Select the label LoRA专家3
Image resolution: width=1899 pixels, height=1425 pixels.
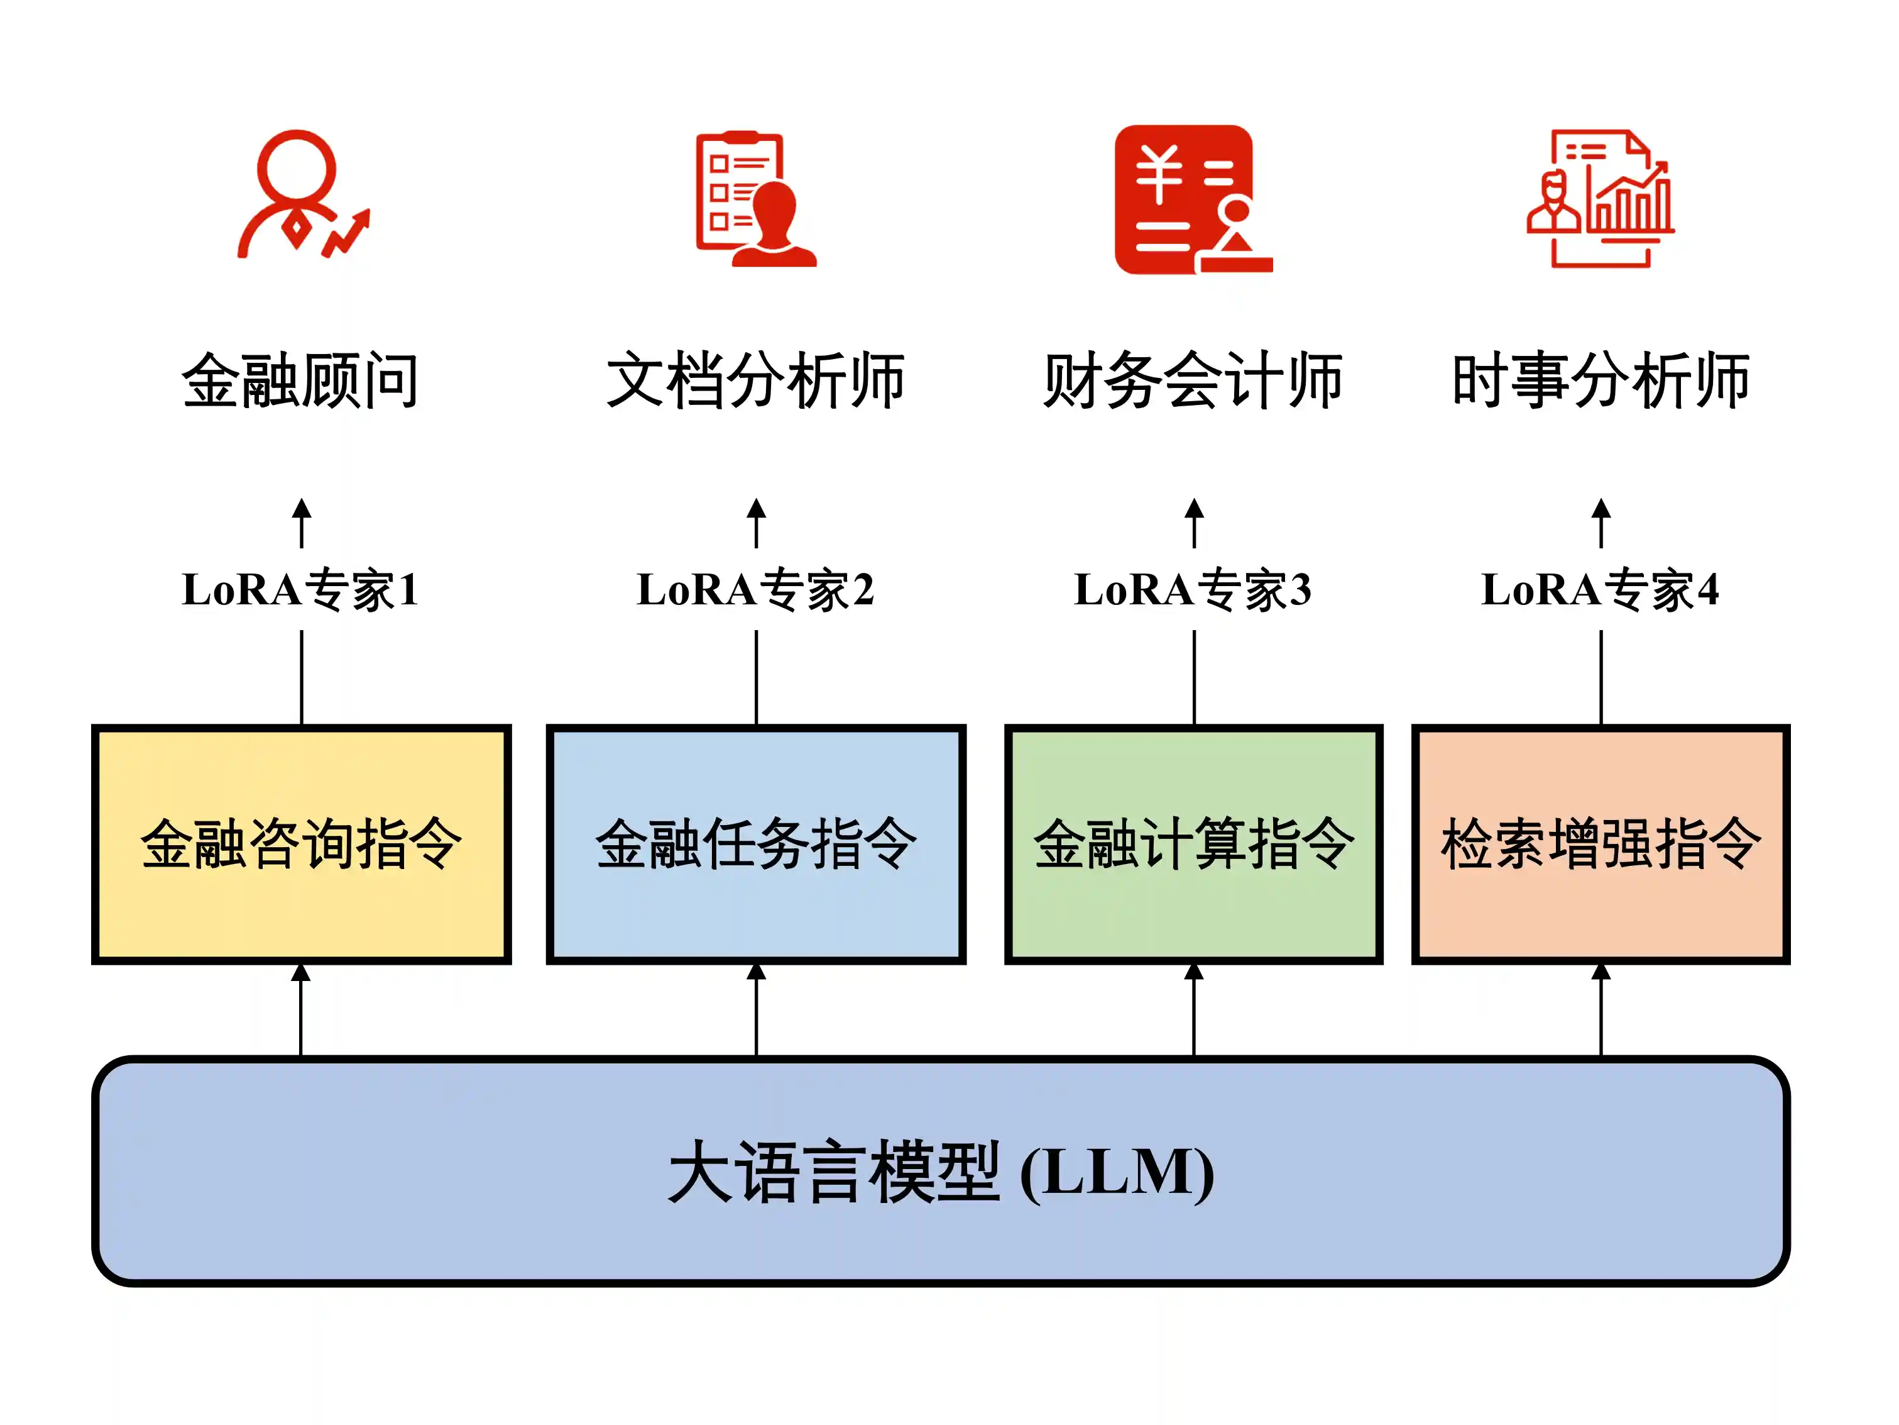pyautogui.click(x=1193, y=589)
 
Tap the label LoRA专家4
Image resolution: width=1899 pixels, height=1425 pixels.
pyautogui.click(x=1601, y=589)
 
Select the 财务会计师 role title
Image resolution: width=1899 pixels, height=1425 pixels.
pyautogui.click(x=1193, y=380)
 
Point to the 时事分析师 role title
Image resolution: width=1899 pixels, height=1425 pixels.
pyautogui.click(x=1601, y=380)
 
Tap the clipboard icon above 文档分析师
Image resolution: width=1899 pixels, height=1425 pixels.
pyautogui.click(x=754, y=199)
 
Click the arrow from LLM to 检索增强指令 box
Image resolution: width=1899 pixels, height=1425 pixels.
pyautogui.click(x=1601, y=1009)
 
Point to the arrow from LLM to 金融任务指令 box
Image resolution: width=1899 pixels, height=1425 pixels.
pyautogui.click(x=757, y=1009)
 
